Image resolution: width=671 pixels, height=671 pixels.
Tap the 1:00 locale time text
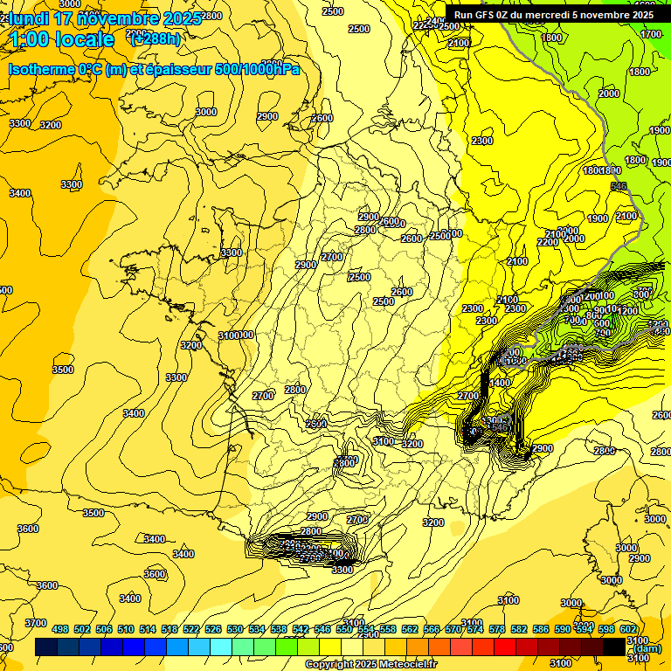[x=61, y=39]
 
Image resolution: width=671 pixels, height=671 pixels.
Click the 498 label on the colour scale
[x=60, y=629]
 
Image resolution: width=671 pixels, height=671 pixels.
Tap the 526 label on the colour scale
[x=212, y=629]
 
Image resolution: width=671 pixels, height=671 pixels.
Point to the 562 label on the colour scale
[x=409, y=629]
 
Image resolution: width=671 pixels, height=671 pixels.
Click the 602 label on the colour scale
[x=628, y=629]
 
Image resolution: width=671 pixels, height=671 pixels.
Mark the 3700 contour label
[x=35, y=622]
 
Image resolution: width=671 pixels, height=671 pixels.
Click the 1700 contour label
[x=651, y=34]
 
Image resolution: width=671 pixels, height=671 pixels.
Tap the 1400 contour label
[x=500, y=383]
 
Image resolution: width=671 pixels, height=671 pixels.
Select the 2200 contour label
[x=547, y=241]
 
